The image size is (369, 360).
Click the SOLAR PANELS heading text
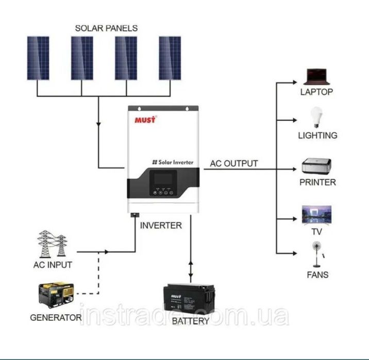pyautogui.click(x=106, y=28)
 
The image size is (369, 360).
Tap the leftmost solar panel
pyautogui.click(x=38, y=58)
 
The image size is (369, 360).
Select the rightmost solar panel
pyautogui.click(x=170, y=58)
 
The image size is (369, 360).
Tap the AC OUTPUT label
pyautogui.click(x=234, y=164)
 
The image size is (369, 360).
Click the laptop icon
pyautogui.click(x=316, y=76)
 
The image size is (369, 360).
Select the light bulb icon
pyautogui.click(x=315, y=117)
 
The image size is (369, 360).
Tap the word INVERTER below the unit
pyautogui.click(x=161, y=226)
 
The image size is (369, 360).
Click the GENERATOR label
pyautogui.click(x=56, y=317)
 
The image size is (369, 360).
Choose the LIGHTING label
pyautogui.click(x=317, y=135)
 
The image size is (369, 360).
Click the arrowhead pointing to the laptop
pyautogui.click(x=294, y=82)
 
